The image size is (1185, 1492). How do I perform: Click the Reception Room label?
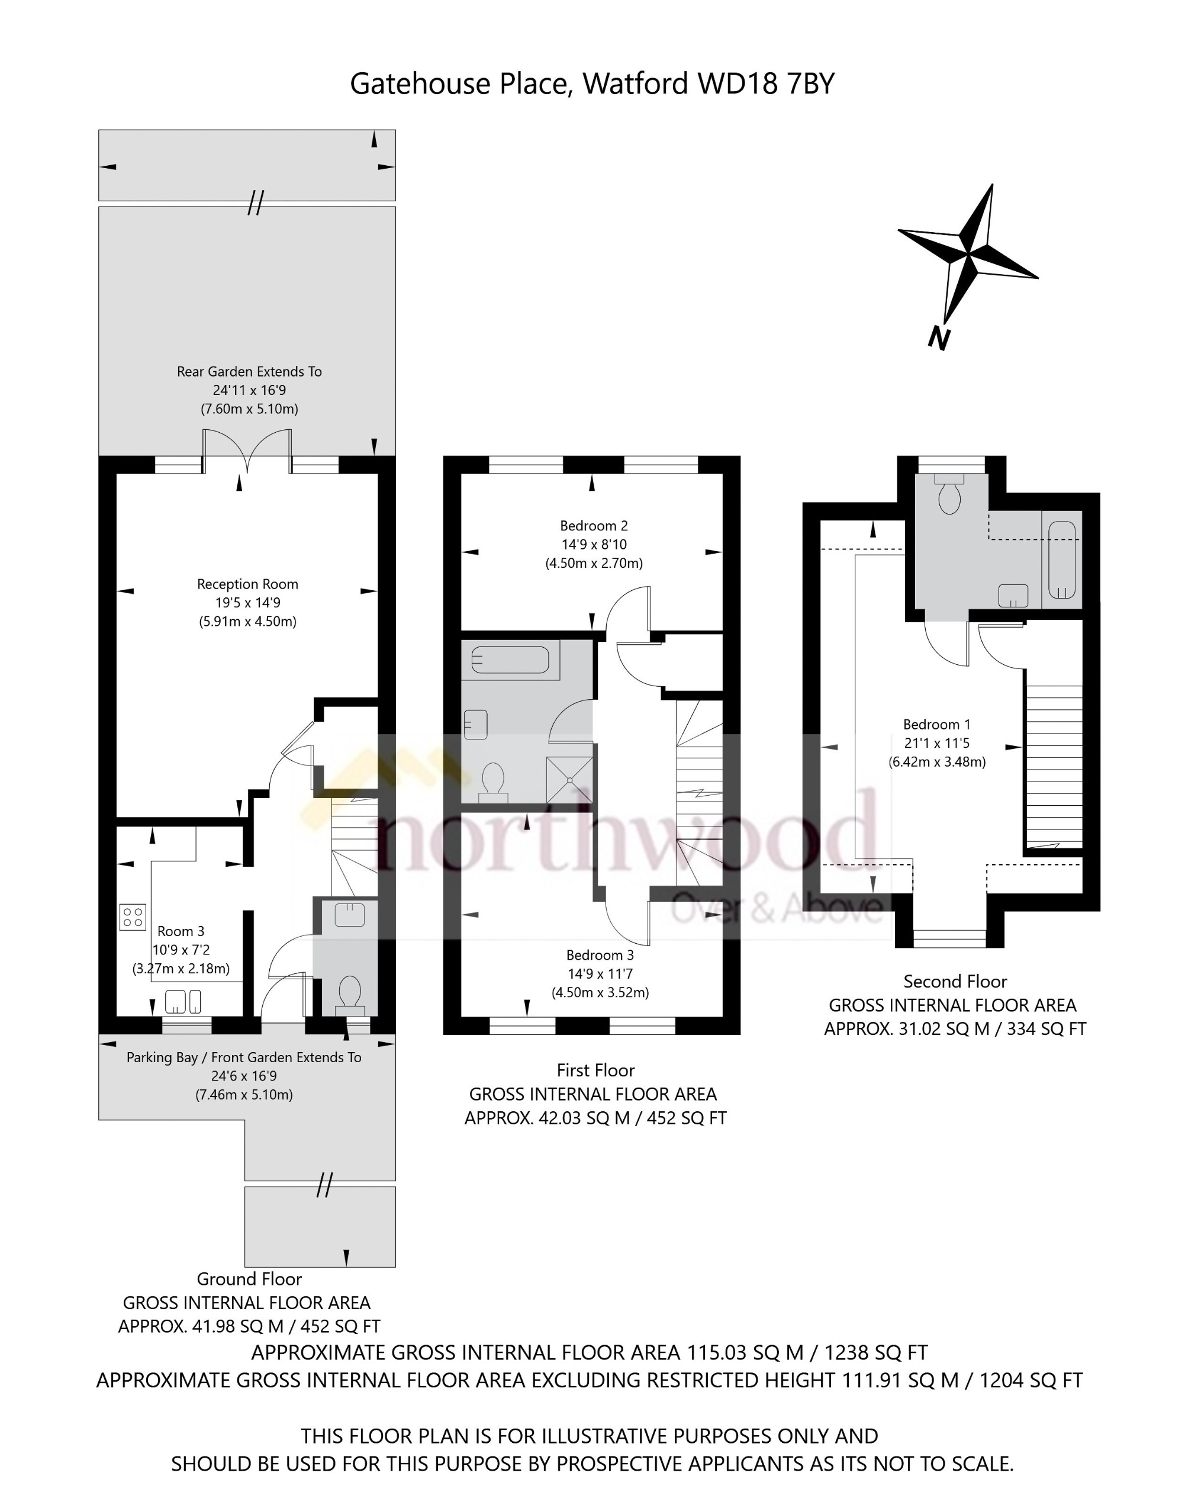pyautogui.click(x=247, y=584)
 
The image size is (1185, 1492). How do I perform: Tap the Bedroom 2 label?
pyautogui.click(x=594, y=526)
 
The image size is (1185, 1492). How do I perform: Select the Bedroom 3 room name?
pyautogui.click(x=600, y=955)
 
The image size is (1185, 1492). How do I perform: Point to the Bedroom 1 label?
pyautogui.click(x=936, y=725)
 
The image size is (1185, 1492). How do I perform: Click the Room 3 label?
pyautogui.click(x=181, y=931)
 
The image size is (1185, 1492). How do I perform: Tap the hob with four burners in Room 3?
pyautogui.click(x=133, y=917)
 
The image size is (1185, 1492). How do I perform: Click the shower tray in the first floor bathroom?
pyautogui.click(x=570, y=780)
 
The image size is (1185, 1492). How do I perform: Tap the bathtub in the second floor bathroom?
pyautogui.click(x=1061, y=560)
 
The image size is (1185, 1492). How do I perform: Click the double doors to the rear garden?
pyautogui.click(x=247, y=451)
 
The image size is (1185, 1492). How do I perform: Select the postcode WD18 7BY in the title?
pyautogui.click(x=766, y=83)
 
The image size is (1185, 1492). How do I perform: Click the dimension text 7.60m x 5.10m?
pyautogui.click(x=249, y=409)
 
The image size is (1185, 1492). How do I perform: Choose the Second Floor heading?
pyautogui.click(x=955, y=981)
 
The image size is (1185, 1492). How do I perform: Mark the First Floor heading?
pyautogui.click(x=595, y=1070)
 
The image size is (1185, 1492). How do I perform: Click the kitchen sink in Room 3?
pyautogui.click(x=183, y=1001)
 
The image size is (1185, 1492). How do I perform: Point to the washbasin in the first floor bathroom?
pyautogui.click(x=476, y=725)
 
